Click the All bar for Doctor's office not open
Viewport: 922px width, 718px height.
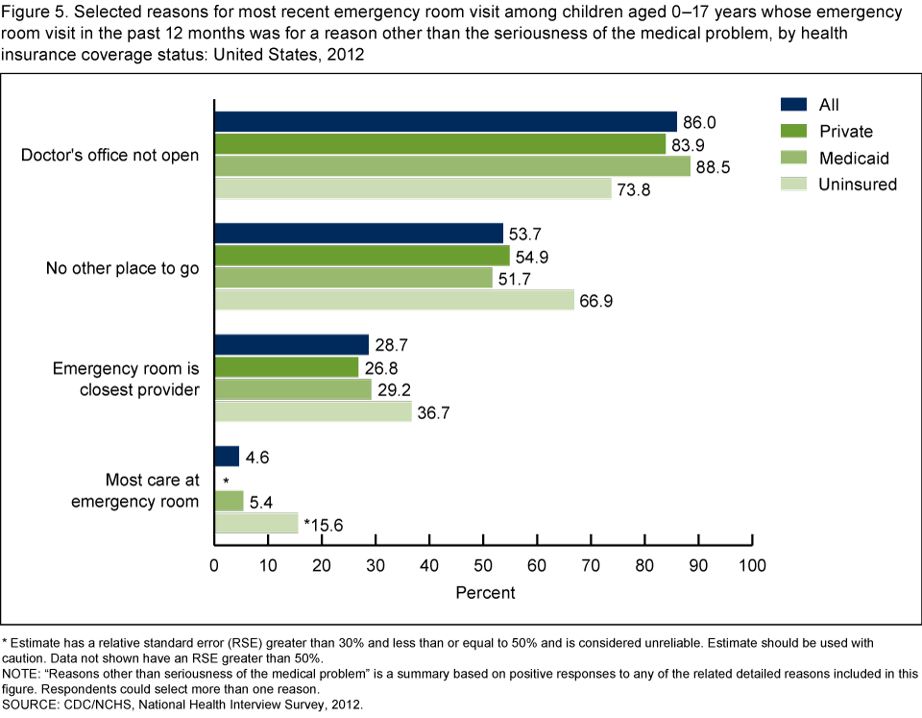point(446,122)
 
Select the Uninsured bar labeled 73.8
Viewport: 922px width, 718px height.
point(413,188)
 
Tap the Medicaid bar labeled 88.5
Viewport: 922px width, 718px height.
point(452,166)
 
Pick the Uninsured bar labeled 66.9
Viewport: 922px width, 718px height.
point(394,300)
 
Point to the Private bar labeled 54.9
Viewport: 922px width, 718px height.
point(362,256)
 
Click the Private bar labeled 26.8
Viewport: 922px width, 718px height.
point(286,367)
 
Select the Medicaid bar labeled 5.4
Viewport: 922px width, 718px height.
point(229,501)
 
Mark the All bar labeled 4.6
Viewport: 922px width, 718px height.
point(227,457)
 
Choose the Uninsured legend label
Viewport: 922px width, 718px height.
point(858,185)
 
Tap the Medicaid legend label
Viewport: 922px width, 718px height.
point(855,158)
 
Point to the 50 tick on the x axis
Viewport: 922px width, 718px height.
point(483,565)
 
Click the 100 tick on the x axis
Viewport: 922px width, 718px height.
point(752,565)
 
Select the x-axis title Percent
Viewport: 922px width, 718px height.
point(485,592)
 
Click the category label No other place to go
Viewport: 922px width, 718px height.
point(123,268)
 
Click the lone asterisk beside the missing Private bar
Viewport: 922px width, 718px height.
point(225,481)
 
